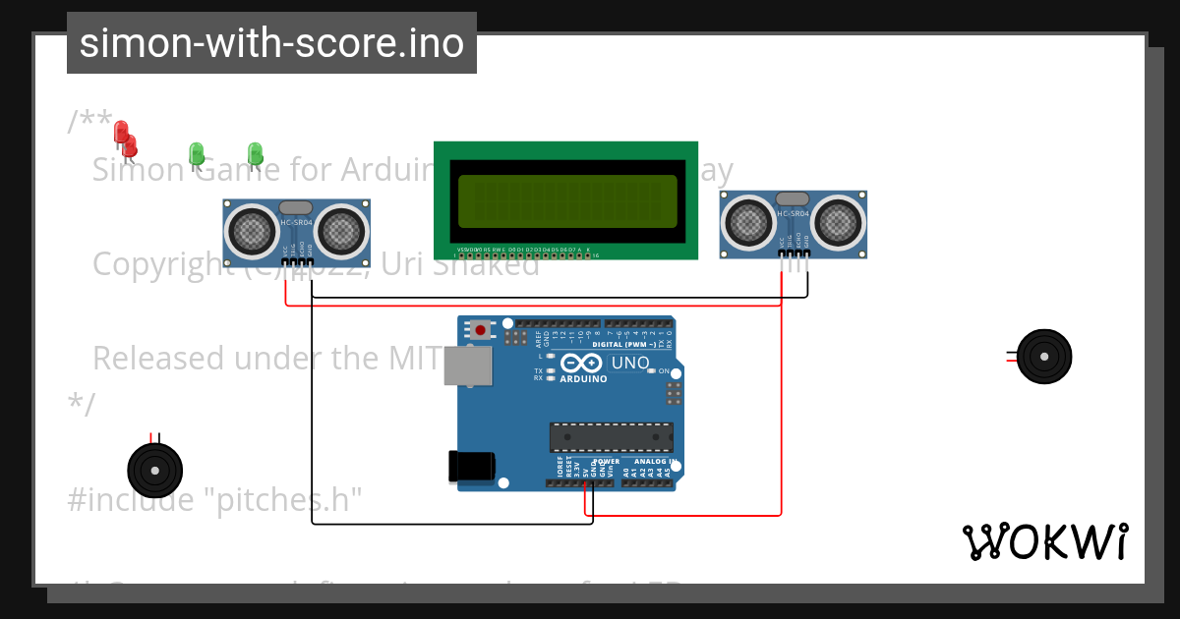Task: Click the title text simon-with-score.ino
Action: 271,43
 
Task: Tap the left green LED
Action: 196,153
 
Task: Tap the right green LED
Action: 255,153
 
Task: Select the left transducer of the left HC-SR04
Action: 252,231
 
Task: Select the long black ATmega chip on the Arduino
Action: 611,437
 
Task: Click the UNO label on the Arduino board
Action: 629,363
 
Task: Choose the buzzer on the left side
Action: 155,471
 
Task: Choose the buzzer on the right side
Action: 1043,356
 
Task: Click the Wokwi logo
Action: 1044,541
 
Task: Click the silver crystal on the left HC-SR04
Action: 296,207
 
